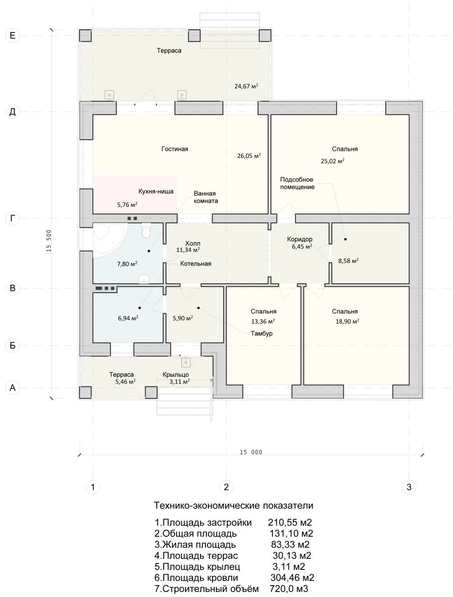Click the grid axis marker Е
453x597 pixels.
pos(12,36)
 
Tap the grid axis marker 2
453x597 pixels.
pos(226,487)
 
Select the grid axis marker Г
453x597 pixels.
pos(12,218)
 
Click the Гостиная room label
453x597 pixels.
pos(175,149)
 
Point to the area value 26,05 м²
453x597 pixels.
pos(249,156)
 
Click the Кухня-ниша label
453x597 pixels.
pos(156,192)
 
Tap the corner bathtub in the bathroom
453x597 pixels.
pos(108,238)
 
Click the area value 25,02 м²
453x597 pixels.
pos(333,161)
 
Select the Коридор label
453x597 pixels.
pos(300,239)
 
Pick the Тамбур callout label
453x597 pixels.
pos(262,333)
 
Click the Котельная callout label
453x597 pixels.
pos(195,264)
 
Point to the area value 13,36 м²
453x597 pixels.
pos(263,321)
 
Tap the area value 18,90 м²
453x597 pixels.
pos(347,321)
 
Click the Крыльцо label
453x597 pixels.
pos(176,375)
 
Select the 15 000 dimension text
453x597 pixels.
pos(251,452)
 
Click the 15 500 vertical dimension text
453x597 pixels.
pos(49,241)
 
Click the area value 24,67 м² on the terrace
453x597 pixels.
pos(246,86)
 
